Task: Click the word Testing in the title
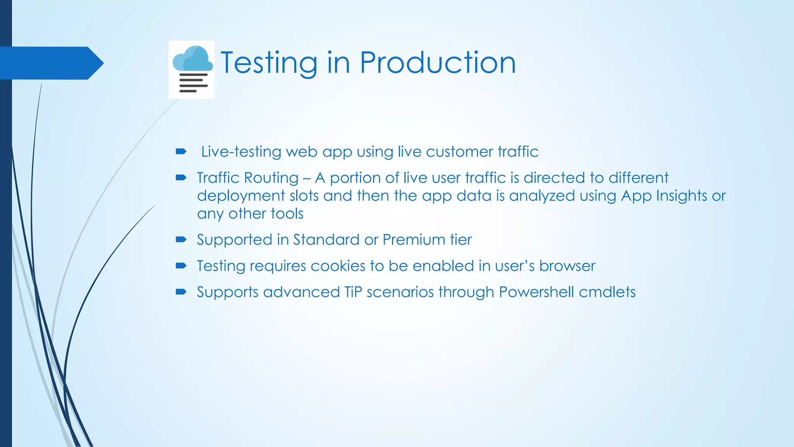tap(269, 63)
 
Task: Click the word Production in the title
tap(438, 63)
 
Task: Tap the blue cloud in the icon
tap(193, 59)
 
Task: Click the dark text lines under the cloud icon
tap(193, 83)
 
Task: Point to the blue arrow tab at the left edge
tap(50, 63)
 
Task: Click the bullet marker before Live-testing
tap(181, 151)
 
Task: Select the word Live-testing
tap(241, 152)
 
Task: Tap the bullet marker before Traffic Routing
tap(181, 178)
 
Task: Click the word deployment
tap(241, 196)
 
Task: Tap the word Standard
tap(326, 240)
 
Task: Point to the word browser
tap(567, 266)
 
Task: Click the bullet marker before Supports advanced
tap(181, 292)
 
